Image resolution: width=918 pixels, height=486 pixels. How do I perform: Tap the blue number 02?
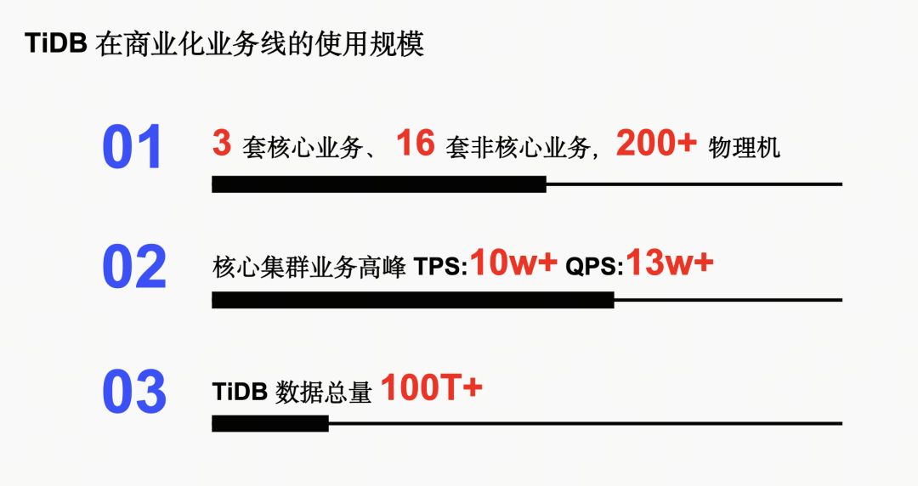click(x=134, y=268)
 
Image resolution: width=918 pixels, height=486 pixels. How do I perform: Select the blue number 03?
click(x=134, y=392)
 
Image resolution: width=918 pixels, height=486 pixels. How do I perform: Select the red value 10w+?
click(x=513, y=263)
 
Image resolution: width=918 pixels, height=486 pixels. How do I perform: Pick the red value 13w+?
click(x=670, y=263)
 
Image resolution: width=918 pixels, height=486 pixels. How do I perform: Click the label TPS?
click(x=441, y=268)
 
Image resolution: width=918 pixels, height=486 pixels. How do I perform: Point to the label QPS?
click(x=594, y=268)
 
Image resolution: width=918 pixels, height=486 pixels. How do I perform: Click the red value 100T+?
click(x=431, y=388)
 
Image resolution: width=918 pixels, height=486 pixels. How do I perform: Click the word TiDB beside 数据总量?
click(x=241, y=393)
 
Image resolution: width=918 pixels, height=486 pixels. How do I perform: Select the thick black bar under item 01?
click(x=379, y=184)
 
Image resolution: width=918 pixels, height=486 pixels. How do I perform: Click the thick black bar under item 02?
click(x=412, y=300)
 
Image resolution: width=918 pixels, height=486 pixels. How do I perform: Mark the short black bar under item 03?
click(x=270, y=423)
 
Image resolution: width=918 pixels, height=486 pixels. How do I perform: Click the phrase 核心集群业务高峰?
click(x=309, y=268)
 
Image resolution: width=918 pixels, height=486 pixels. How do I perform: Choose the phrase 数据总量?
click(x=324, y=393)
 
